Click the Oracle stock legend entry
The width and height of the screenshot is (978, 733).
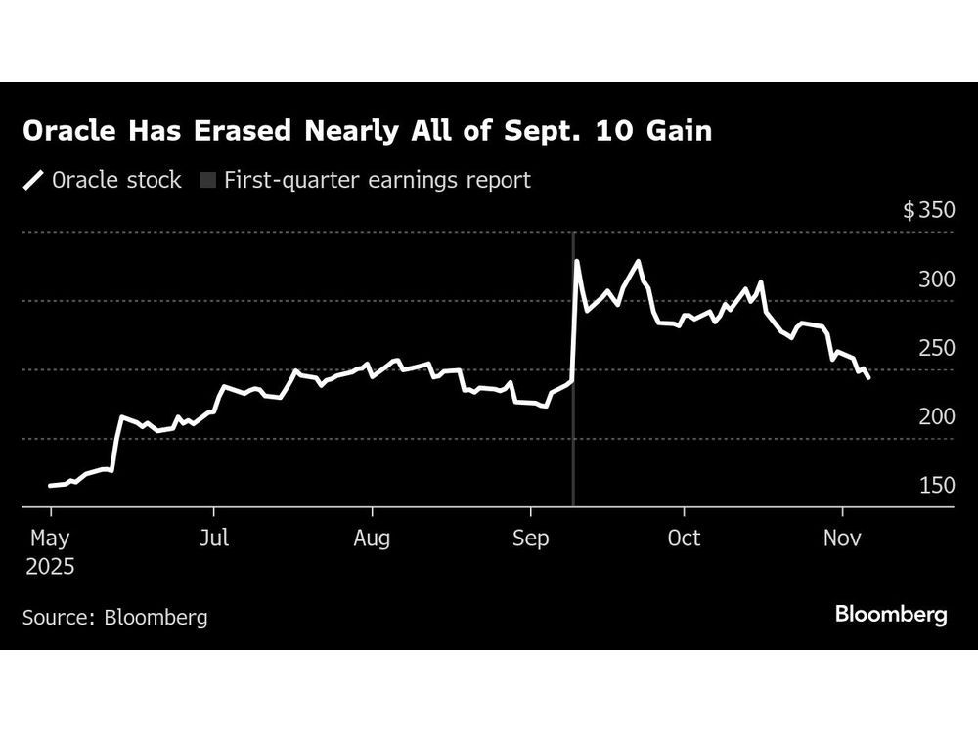[103, 180]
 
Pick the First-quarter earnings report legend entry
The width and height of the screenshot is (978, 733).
[367, 180]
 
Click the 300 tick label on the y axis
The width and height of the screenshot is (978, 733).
[936, 280]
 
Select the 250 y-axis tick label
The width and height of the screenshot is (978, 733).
[936, 348]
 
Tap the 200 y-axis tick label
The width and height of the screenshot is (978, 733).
[936, 416]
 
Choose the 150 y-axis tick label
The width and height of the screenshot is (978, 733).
[936, 485]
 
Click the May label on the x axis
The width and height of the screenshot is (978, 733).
[51, 539]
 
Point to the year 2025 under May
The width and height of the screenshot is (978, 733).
[51, 566]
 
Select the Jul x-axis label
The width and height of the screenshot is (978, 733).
[213, 539]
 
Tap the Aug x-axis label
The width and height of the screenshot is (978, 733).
[372, 539]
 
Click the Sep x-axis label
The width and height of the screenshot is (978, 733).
[530, 539]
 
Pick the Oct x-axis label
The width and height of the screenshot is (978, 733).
[684, 539]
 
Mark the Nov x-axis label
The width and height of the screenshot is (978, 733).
[842, 539]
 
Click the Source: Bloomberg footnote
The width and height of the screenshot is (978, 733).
[114, 617]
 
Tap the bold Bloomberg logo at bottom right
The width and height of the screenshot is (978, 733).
[891, 615]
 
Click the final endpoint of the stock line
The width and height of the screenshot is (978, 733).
[868, 378]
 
